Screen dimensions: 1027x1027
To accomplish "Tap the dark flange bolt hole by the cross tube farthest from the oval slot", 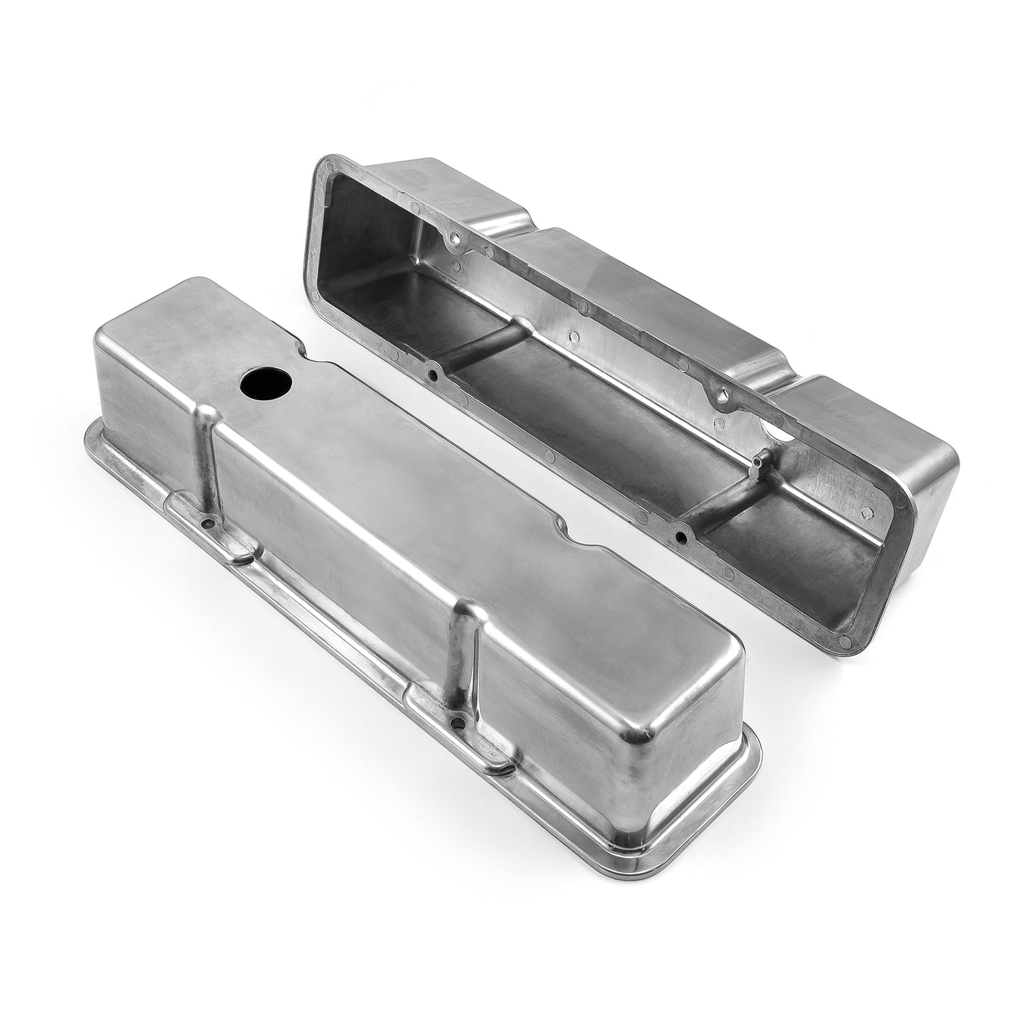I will (433, 370).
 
